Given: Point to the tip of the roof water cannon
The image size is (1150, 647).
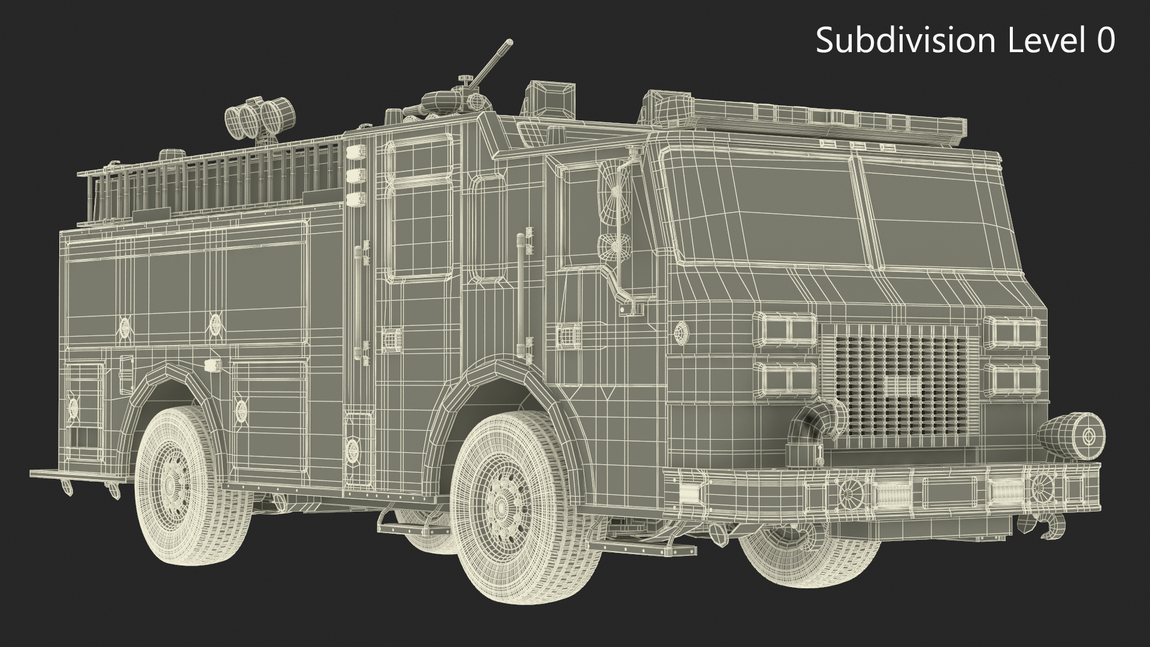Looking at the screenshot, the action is pos(510,43).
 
